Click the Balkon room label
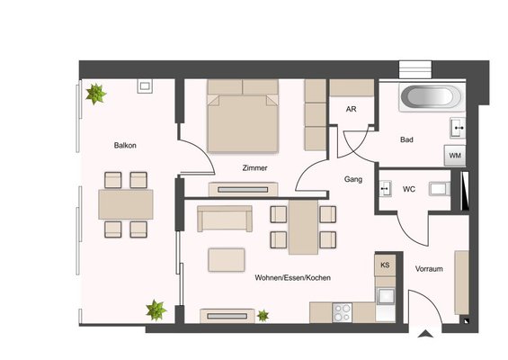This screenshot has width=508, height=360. pyautogui.click(x=125, y=145)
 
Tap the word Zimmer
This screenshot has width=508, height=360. pyautogui.click(x=255, y=168)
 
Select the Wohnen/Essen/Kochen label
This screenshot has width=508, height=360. pyautogui.click(x=292, y=277)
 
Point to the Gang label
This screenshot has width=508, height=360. pyautogui.click(x=353, y=179)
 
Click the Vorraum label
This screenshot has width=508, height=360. pyautogui.click(x=429, y=269)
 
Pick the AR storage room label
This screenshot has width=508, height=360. pyautogui.click(x=352, y=109)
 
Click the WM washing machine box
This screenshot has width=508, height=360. pyautogui.click(x=455, y=156)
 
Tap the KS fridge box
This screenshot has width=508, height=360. pyautogui.click(x=385, y=265)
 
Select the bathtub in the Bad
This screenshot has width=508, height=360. pyautogui.click(x=431, y=97)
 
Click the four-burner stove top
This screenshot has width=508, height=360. pyautogui.click(x=343, y=312)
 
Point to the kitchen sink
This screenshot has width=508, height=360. pyautogui.click(x=386, y=296)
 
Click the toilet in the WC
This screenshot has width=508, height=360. pyautogui.click(x=440, y=189)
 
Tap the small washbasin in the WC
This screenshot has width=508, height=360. pyautogui.click(x=386, y=188)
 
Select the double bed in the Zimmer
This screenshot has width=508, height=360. pyautogui.click(x=243, y=116)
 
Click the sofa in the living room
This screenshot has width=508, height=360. pyautogui.click(x=225, y=219)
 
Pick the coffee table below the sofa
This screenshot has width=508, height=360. pyautogui.click(x=227, y=260)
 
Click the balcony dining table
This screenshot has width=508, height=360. pyautogui.click(x=126, y=204)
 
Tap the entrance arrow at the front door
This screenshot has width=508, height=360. pyautogui.click(x=425, y=334)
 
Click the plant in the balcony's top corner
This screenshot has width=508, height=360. pyautogui.click(x=96, y=94)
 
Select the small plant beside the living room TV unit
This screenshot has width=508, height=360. pyautogui.click(x=263, y=316)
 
